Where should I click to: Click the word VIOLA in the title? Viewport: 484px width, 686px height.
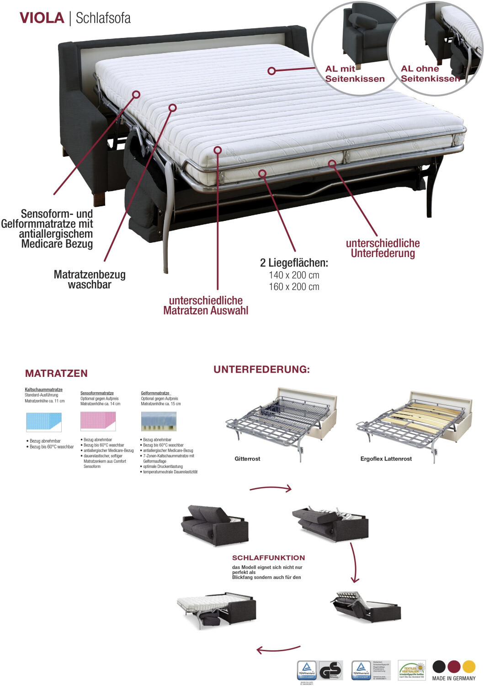pyautogui.click(x=42, y=18)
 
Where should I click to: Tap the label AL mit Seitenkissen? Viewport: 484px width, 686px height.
pyautogui.click(x=354, y=74)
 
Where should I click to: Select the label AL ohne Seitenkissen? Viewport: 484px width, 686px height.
pyautogui.click(x=430, y=74)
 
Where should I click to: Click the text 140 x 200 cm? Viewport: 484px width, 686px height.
pyautogui.click(x=294, y=275)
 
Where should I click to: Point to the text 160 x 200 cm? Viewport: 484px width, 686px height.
pyautogui.click(x=294, y=287)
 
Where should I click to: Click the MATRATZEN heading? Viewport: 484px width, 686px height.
pyautogui.click(x=56, y=373)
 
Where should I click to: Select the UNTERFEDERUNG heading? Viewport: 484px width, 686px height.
pyautogui.click(x=261, y=370)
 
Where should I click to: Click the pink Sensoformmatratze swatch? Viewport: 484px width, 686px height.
pyautogui.click(x=98, y=421)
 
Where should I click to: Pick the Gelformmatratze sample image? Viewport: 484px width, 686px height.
pyautogui.click(x=159, y=421)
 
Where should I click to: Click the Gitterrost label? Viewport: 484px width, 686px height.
pyautogui.click(x=247, y=459)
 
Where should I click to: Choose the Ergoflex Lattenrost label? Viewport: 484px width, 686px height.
pyautogui.click(x=386, y=459)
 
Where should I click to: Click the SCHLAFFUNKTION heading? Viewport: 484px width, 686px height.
pyautogui.click(x=268, y=558)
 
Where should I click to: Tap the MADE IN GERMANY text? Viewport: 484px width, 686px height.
pyautogui.click(x=454, y=678)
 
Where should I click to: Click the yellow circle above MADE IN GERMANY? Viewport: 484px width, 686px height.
pyautogui.click(x=469, y=666)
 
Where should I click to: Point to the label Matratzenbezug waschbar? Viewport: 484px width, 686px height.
pyautogui.click(x=90, y=279)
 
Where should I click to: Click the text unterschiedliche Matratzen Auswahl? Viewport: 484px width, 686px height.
pyautogui.click(x=206, y=305)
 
